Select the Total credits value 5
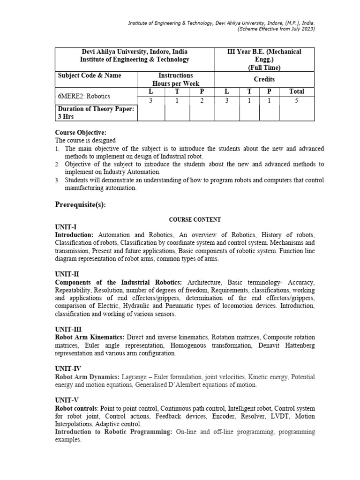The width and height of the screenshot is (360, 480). pos(297,100)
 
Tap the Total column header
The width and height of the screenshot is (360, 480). pos(297,91)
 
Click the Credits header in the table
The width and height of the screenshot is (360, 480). pos(264,79)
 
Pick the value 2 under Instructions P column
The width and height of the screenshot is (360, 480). pos(202,100)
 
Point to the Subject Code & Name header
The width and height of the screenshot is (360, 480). pos(89,75)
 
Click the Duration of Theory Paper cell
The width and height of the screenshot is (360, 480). pos(96,113)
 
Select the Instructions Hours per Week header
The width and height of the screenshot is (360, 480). pos(175,79)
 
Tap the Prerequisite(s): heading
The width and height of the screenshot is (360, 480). pos(83,205)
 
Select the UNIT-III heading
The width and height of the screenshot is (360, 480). pos(68,329)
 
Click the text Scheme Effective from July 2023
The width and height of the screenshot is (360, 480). pos(276,29)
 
